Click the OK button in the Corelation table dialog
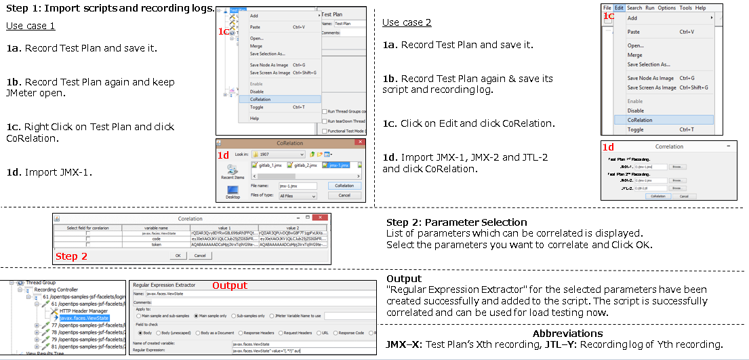178,256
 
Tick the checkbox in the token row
87,245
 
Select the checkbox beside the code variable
87,239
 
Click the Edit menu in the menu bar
620,8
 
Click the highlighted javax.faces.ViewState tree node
84,317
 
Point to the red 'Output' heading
230,285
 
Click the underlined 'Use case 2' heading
407,22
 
